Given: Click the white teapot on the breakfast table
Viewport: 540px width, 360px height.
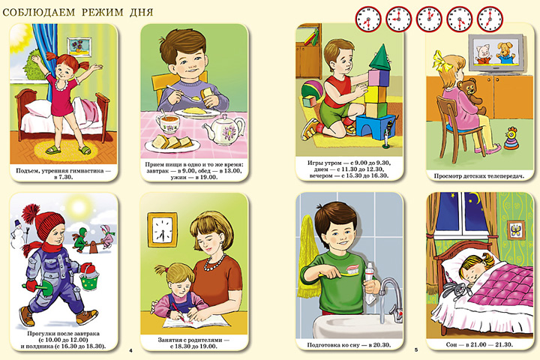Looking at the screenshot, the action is [223, 130].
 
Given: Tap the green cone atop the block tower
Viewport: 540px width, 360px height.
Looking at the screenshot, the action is [380, 58].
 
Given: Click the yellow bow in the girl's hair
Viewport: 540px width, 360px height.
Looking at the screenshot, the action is [439, 61].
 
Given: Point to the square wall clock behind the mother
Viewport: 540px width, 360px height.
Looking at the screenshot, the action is [163, 229].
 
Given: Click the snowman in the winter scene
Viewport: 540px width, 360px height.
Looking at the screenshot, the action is [17, 234].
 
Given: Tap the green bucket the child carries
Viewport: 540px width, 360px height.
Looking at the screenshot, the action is [89, 277].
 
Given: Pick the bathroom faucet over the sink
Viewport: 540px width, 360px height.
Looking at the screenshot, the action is [389, 299].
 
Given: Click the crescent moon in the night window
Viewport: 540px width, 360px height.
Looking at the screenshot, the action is [477, 199].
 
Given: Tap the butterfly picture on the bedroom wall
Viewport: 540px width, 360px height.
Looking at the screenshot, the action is [515, 230].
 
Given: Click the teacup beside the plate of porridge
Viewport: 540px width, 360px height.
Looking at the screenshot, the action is [168, 122].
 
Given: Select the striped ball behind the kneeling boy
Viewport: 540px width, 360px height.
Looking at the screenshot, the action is [312, 91].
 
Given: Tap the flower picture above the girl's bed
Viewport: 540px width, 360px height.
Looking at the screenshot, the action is [79, 46].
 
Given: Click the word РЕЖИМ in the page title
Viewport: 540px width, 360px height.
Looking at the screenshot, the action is [102, 13].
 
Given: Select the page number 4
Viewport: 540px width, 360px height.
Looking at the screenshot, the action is [130, 351].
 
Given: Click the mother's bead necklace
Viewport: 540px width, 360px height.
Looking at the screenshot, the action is [215, 263].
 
